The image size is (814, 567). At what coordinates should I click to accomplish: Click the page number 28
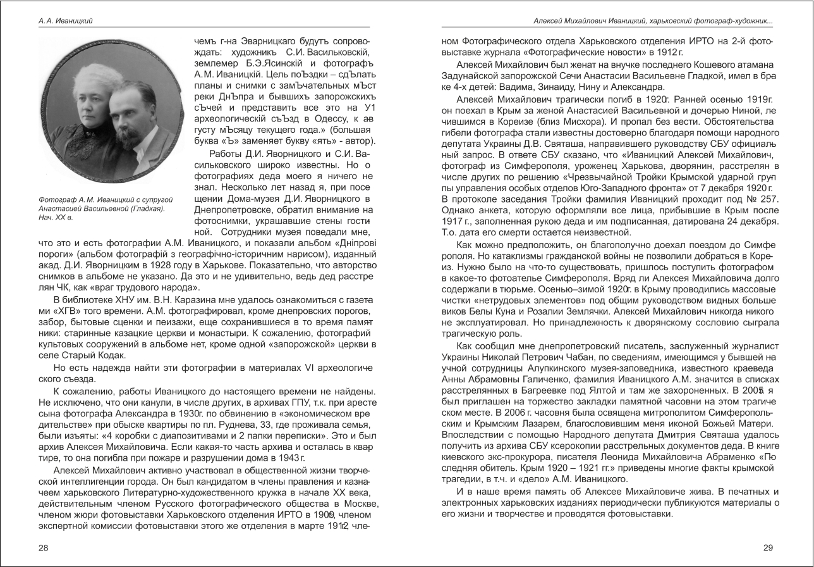(43, 547)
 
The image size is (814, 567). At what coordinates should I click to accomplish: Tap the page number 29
(768, 547)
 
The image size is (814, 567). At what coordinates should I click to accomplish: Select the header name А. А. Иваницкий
(65, 21)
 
